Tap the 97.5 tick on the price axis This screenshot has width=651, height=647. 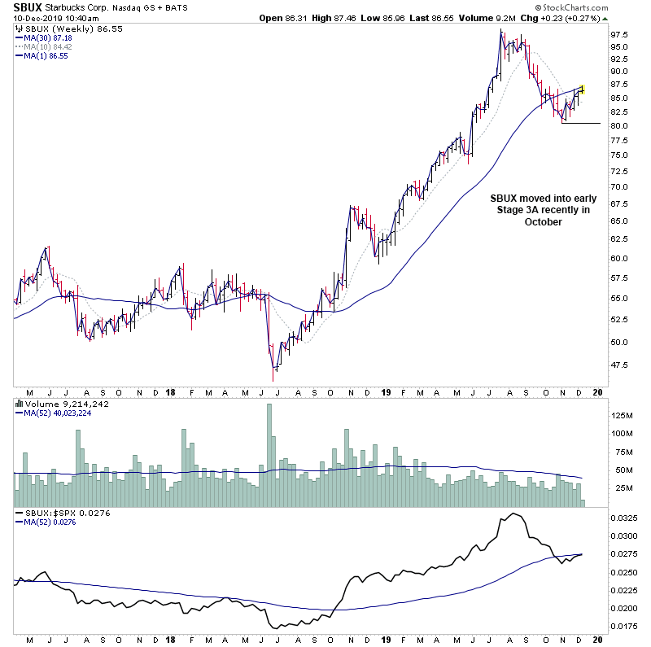tap(619, 35)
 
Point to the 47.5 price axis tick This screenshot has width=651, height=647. tap(619, 365)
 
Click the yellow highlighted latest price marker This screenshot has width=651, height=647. tap(583, 88)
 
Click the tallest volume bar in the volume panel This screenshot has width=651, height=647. tap(269, 445)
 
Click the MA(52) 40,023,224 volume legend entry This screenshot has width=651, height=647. tap(58, 412)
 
